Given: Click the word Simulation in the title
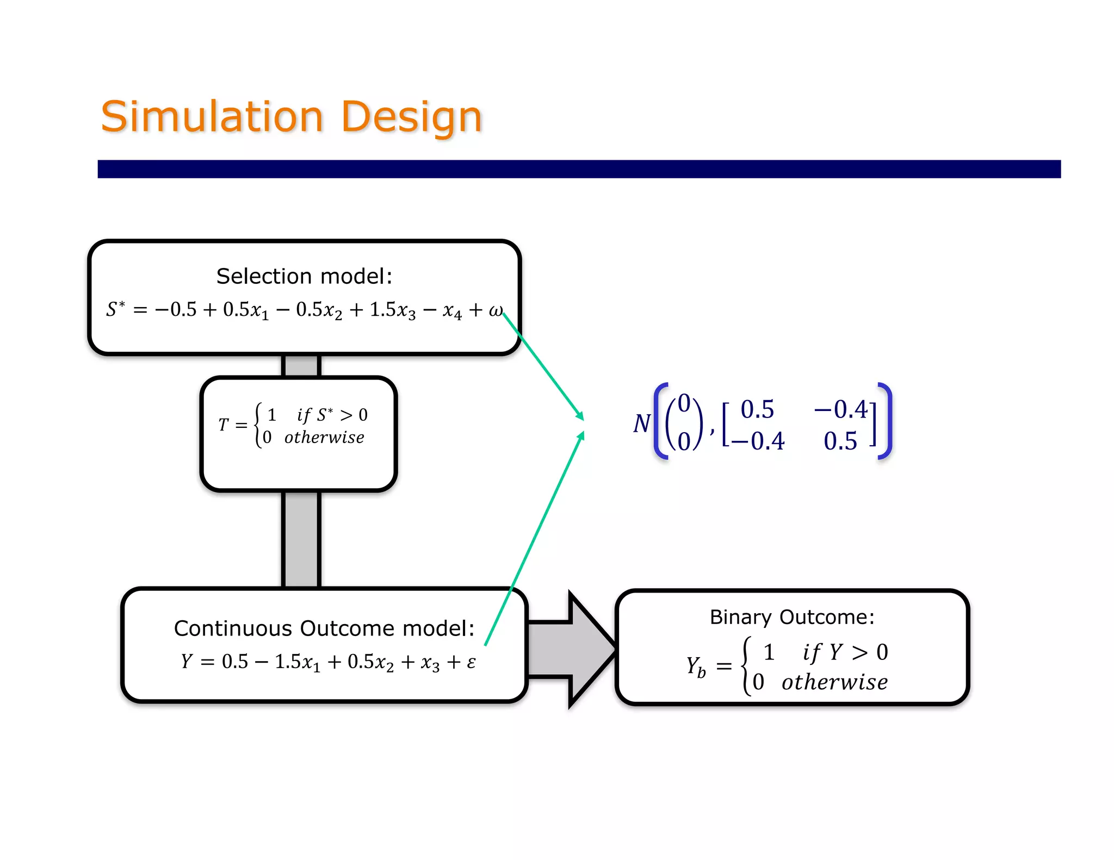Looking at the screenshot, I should click(x=212, y=117).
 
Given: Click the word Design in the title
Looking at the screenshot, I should click(x=412, y=117).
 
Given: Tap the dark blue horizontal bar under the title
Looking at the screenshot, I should click(x=579, y=169).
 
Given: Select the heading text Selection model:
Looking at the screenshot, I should click(x=304, y=276).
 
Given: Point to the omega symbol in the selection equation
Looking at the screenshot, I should click(x=495, y=310).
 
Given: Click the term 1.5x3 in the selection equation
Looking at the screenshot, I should click(x=392, y=310).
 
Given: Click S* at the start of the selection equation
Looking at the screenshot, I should click(x=115, y=309).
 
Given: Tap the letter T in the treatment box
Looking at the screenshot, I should click(x=223, y=425).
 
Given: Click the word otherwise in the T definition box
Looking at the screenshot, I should click(x=324, y=438).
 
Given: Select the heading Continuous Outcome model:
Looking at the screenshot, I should click(x=324, y=628).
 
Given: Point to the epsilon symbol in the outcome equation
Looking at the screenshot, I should click(x=471, y=662).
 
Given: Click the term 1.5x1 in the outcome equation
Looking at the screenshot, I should click(x=297, y=662).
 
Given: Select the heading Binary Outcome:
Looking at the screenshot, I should click(x=792, y=617).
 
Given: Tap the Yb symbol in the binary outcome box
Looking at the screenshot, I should click(x=696, y=666).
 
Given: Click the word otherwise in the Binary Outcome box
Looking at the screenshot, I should click(x=834, y=682).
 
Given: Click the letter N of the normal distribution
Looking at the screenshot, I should click(x=641, y=423).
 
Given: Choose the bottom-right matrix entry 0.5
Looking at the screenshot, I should click(x=840, y=441).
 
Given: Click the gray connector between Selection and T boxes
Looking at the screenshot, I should click(x=301, y=365).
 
